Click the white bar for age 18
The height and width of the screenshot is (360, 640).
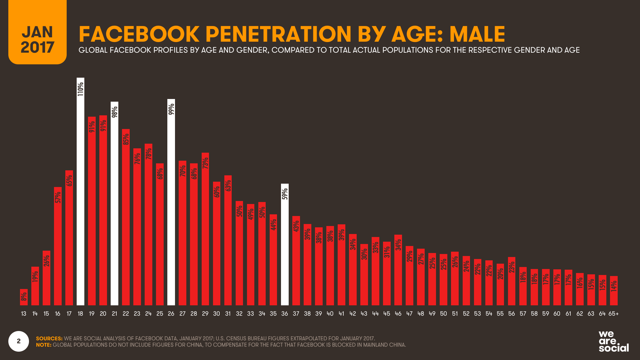80,200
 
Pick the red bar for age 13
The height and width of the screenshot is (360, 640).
24,297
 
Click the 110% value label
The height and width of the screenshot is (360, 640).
80,89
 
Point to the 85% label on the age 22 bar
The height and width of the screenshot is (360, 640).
126,139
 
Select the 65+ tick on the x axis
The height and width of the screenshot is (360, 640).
613,314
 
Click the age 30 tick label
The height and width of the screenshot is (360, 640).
216,314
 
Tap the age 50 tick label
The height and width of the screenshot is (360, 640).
443,314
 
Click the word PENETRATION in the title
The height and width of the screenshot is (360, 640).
278,34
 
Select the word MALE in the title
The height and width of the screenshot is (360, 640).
477,34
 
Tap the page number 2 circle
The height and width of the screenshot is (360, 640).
19,341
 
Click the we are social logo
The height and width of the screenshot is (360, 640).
613,341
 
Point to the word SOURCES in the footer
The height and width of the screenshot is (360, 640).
49,338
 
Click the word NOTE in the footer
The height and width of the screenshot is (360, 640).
44,345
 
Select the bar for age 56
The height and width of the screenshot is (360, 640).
511,282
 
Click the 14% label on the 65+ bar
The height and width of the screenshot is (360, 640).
614,286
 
